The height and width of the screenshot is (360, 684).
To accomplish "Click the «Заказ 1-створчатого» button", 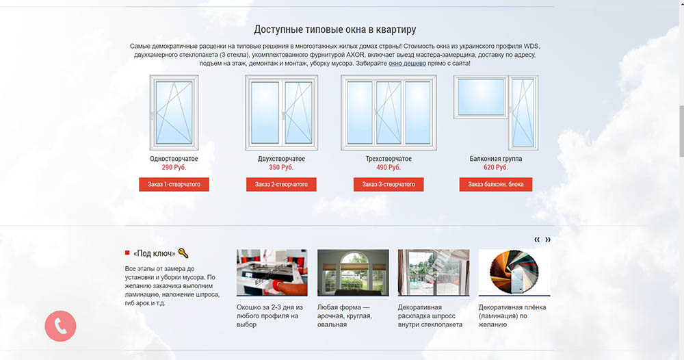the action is tap(174, 184).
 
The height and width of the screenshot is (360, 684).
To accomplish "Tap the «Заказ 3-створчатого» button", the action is tap(389, 184).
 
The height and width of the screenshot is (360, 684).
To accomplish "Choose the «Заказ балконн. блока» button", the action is tap(495, 184).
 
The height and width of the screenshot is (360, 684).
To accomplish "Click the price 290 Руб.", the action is tap(174, 167).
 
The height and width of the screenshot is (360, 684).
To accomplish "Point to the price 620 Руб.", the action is tap(495, 167).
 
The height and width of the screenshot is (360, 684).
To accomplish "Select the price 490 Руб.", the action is tap(389, 167).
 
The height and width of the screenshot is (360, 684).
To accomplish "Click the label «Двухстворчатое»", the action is tap(281, 159).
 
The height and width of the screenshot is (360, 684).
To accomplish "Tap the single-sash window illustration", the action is tap(174, 112).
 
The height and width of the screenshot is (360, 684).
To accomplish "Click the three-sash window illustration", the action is tap(389, 112).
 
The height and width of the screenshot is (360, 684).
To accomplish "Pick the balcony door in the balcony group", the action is tap(523, 112).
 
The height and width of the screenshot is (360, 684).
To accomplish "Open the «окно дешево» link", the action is tap(407, 63).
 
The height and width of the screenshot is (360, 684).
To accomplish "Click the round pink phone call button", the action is tap(60, 326).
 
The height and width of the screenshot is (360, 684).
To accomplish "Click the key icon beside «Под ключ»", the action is tap(183, 253).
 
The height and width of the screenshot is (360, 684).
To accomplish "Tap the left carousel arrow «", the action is tap(537, 240).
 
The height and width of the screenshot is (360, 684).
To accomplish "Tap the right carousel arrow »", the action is tap(548, 240).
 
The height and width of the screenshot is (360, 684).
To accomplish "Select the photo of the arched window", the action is tap(353, 272).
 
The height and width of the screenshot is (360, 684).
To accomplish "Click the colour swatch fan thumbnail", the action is tap(514, 272).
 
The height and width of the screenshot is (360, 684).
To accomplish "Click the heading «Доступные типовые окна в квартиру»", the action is tap(335, 29).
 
